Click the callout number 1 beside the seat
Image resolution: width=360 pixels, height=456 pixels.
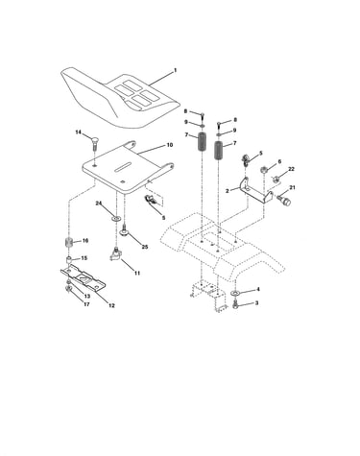[x=175, y=70]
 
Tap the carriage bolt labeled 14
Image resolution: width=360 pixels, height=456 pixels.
[x=95, y=145]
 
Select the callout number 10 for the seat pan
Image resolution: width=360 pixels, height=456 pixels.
[x=170, y=145]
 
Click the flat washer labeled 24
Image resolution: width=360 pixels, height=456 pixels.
[x=116, y=219]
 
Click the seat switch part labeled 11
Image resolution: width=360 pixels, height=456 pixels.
[x=115, y=255]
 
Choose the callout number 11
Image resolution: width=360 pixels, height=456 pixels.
[x=137, y=274]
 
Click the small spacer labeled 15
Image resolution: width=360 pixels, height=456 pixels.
[x=69, y=259]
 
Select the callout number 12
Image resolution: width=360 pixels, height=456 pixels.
[x=111, y=305]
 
